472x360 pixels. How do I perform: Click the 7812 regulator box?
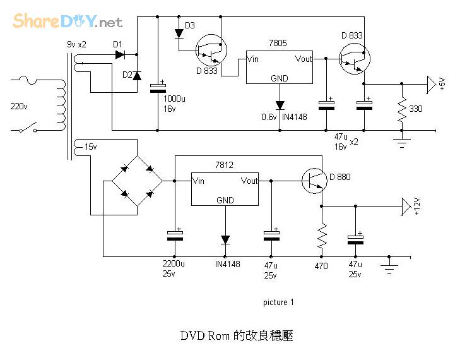click(x=225, y=188)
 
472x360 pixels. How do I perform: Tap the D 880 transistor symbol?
click(x=313, y=181)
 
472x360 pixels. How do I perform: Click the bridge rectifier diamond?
click(x=137, y=181)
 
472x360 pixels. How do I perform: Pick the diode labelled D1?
click(x=119, y=55)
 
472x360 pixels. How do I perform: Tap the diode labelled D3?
click(x=179, y=34)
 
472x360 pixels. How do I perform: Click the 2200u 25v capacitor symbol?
click(x=174, y=234)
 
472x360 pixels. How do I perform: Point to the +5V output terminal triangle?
click(x=431, y=83)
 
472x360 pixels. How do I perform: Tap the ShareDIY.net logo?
click(x=67, y=21)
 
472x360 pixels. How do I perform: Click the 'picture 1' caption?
click(x=278, y=303)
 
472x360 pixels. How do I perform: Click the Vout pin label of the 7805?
click(x=304, y=59)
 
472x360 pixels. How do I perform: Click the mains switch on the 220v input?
click(x=26, y=130)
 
